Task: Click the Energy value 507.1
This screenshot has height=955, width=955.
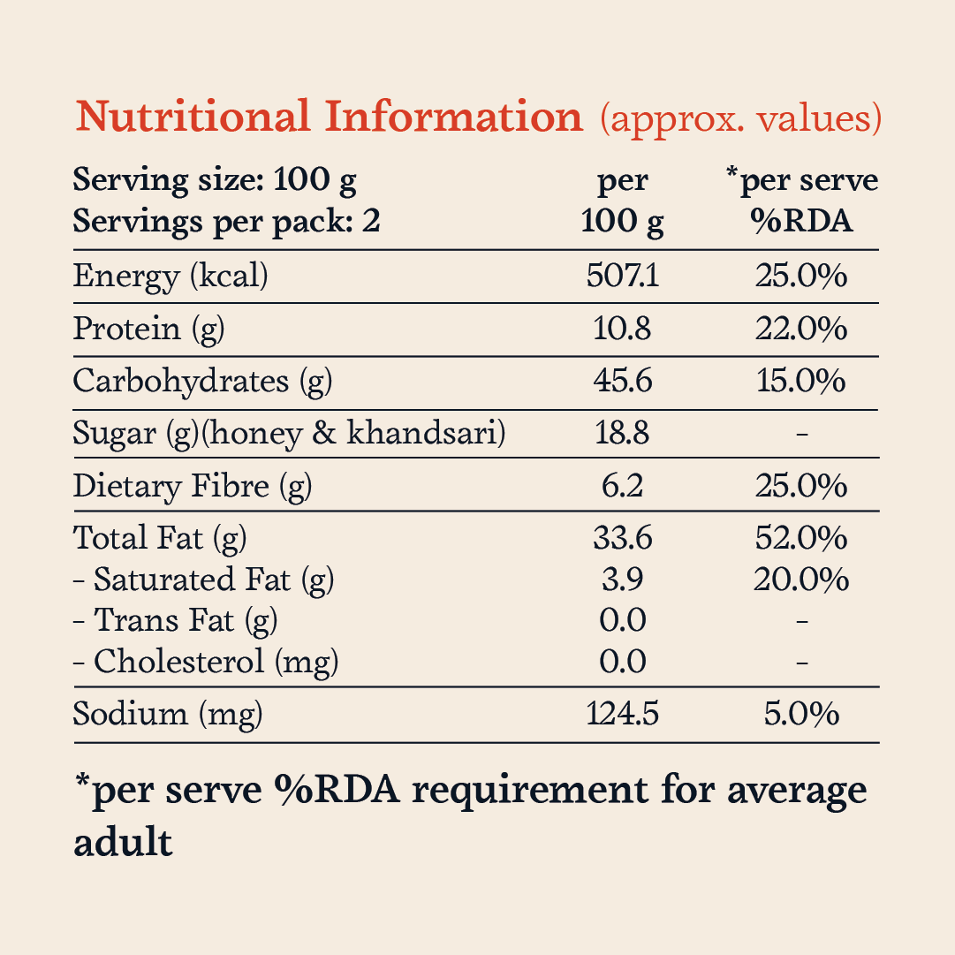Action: tap(623, 276)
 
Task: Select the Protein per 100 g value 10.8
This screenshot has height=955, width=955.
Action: tap(623, 329)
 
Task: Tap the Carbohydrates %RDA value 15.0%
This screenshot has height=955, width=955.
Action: tap(801, 382)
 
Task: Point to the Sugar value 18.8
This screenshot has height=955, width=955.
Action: tap(623, 434)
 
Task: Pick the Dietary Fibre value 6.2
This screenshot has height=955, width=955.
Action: tap(623, 486)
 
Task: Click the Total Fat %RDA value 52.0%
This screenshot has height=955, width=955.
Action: tap(801, 538)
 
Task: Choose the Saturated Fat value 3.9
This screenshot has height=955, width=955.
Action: tap(623, 580)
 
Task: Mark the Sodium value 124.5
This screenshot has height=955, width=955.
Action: tap(623, 714)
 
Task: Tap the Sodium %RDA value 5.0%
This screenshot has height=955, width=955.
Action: tap(801, 714)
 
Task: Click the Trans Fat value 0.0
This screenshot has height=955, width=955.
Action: tap(623, 620)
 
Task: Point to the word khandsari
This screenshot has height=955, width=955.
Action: tap(426, 434)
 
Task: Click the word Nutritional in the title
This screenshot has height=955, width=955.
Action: tap(193, 116)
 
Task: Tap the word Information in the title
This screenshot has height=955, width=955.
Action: tap(454, 116)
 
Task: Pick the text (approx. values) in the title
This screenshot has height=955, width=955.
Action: tap(740, 118)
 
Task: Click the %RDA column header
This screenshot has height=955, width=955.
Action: tap(801, 221)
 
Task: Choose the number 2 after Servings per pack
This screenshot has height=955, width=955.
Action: tap(371, 221)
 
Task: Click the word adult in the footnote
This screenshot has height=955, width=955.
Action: tap(123, 842)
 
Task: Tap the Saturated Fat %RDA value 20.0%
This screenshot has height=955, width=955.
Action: tap(801, 580)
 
